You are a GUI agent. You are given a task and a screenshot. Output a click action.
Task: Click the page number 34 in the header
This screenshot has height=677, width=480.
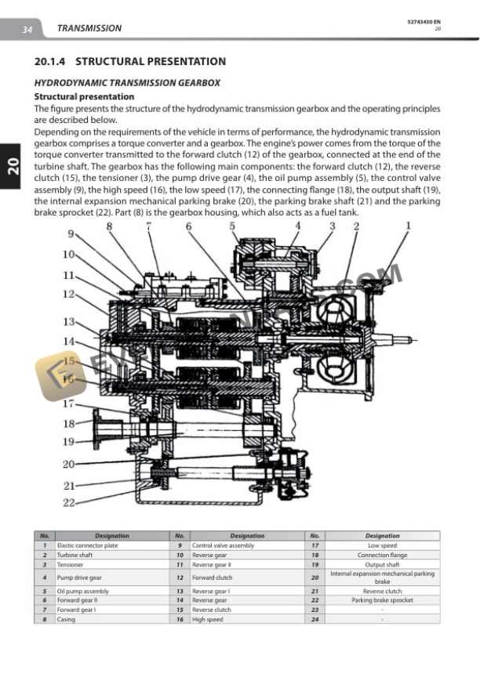[27, 29]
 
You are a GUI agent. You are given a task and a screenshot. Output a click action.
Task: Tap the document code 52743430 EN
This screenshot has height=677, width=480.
[424, 21]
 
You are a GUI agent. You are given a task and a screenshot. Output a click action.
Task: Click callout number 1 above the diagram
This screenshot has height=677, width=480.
[408, 226]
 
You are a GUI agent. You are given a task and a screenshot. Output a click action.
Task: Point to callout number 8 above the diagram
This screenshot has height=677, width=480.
[109, 226]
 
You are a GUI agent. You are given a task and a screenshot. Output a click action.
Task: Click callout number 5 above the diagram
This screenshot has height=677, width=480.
[232, 226]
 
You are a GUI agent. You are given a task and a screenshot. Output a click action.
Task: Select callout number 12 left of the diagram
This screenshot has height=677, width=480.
[69, 294]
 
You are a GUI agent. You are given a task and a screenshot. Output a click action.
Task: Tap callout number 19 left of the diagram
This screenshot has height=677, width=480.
[69, 441]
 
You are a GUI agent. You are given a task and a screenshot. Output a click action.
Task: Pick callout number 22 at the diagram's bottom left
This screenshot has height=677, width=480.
[69, 502]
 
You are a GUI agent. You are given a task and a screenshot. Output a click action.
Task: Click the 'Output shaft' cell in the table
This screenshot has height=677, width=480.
[382, 564]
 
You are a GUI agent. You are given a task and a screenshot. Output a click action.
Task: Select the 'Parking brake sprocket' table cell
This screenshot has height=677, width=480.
[382, 600]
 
